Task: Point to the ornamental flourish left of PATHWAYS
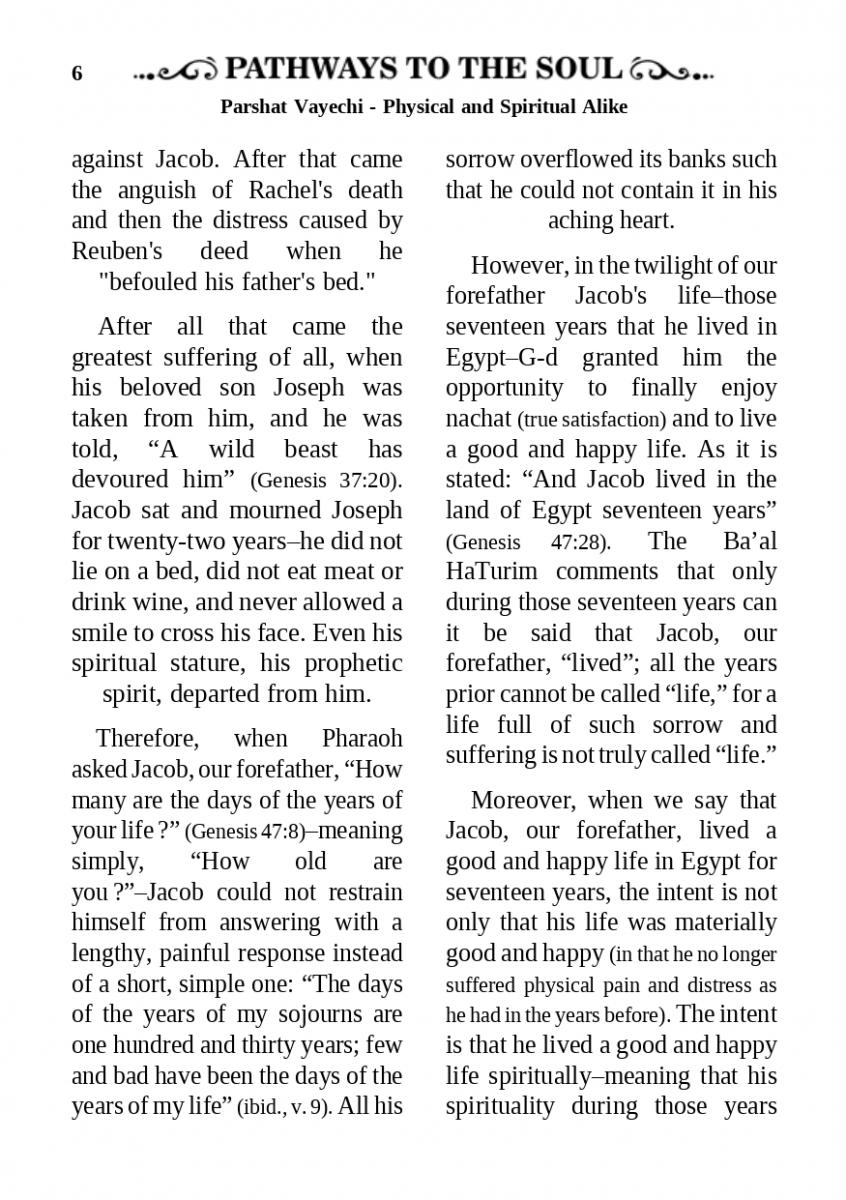[x=177, y=71]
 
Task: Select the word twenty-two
[x=168, y=541]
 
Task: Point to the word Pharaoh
[x=362, y=739]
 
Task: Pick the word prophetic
[x=348, y=663]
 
